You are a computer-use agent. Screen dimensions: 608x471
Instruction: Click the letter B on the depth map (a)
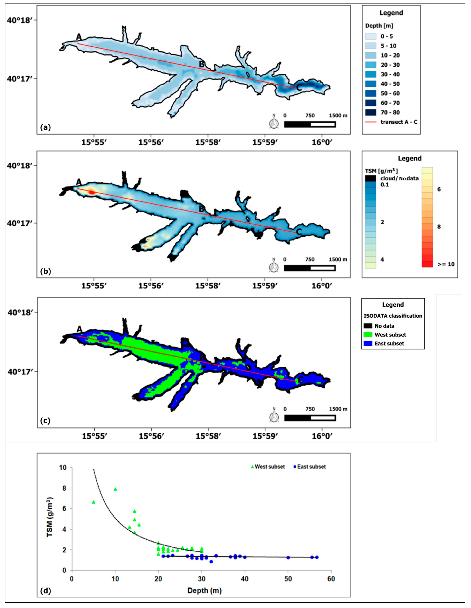(x=202, y=64)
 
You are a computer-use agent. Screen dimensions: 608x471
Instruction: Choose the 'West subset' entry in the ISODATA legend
(x=390, y=335)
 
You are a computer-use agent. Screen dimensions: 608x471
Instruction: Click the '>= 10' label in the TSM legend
(x=446, y=264)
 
